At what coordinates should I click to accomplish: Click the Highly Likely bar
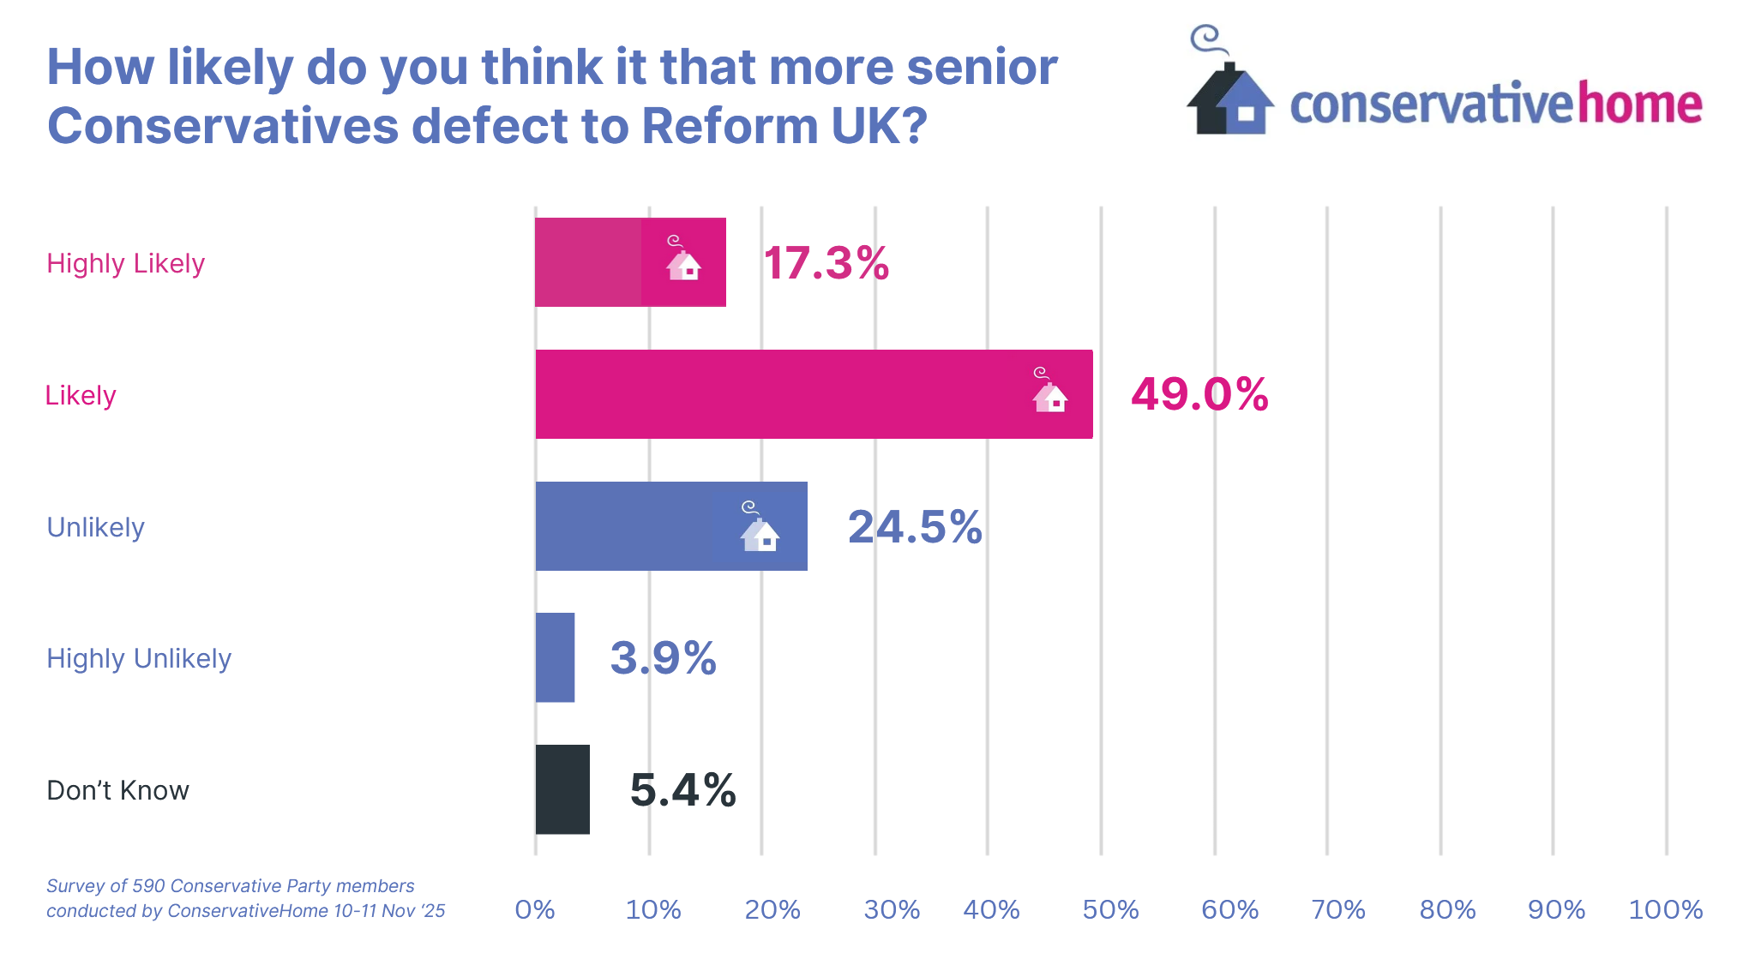630,262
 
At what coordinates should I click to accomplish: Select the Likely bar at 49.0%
814,394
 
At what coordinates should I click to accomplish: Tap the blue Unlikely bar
671,526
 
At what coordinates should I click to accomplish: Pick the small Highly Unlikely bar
555,657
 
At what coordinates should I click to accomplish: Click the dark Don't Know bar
562,789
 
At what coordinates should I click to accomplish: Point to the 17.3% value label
826,262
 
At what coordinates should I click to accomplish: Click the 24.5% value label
915,526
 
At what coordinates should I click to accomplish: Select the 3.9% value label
663,657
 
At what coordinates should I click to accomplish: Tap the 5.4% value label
682,789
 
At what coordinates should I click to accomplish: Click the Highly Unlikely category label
139,658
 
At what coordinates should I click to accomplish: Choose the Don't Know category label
117,790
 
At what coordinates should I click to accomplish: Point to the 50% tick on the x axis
1110,909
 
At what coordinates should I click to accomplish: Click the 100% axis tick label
1665,909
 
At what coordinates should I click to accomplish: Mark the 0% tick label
535,909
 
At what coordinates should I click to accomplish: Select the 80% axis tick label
1447,909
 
